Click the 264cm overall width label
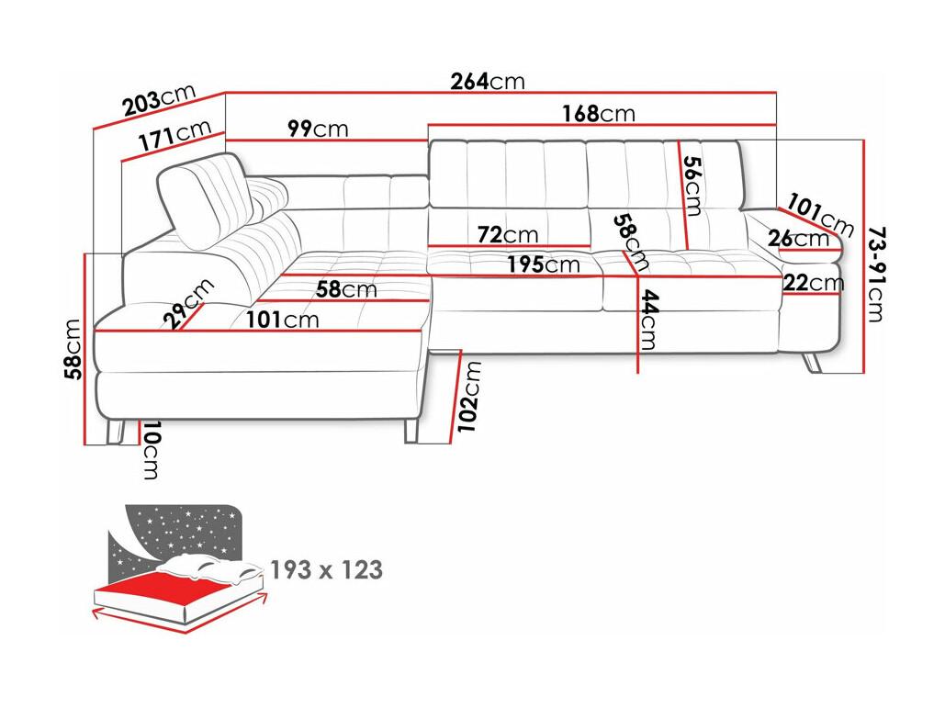488,81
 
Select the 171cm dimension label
174,135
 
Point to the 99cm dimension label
318,129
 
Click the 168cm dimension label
599,113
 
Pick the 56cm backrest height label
693,186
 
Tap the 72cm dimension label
508,234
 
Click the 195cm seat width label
543,264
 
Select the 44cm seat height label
648,320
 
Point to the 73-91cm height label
877,275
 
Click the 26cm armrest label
799,239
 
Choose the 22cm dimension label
814,283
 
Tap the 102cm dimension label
469,396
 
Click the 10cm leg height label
151,451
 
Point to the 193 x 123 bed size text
326,569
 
